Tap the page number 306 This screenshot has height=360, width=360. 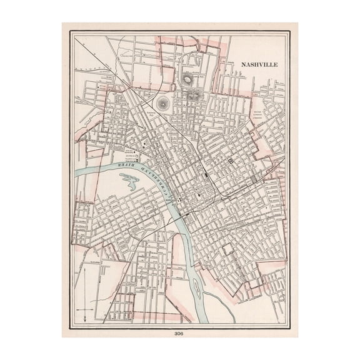[180, 332]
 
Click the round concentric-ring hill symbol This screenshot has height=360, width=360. [163, 103]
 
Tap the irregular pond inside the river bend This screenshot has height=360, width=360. [130, 182]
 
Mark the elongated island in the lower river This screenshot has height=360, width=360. [196, 289]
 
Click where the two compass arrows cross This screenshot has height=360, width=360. [84, 309]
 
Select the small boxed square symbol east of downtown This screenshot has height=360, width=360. [231, 161]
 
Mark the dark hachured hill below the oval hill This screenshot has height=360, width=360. [194, 96]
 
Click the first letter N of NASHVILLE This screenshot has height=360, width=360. [243, 64]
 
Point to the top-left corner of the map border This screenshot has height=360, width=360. [70, 32]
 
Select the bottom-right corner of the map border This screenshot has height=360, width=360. [290, 327]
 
